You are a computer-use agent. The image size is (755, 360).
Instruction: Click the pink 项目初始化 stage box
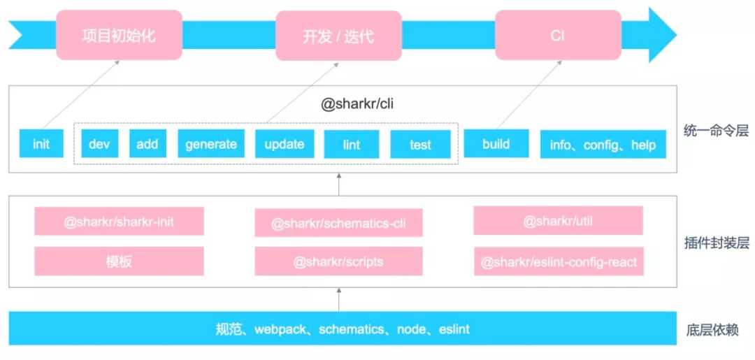pos(120,35)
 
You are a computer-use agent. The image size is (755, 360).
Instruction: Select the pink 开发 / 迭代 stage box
pos(338,36)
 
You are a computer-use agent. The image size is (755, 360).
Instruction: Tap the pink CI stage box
pos(557,35)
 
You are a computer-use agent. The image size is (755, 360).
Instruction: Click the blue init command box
pos(41,144)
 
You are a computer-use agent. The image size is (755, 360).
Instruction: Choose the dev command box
pos(100,144)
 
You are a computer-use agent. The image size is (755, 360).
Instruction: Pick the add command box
pos(147,144)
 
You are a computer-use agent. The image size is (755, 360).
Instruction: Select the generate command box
pos(211,144)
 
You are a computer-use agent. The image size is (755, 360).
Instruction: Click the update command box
pos(284,144)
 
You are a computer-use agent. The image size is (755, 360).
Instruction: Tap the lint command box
pos(352,145)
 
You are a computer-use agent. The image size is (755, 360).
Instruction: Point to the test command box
pos(420,145)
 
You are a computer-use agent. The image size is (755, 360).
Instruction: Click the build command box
pos(496,144)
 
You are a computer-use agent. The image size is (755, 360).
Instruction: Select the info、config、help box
pos(603,145)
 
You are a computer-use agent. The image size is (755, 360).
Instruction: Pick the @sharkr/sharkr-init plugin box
pos(119,222)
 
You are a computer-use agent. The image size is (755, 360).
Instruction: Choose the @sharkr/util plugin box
pos(558,221)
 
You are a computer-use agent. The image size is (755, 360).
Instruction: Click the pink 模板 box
pos(119,261)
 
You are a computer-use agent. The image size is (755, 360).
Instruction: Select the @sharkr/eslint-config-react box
pos(558,262)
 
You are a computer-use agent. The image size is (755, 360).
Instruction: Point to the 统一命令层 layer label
pos(716,130)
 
